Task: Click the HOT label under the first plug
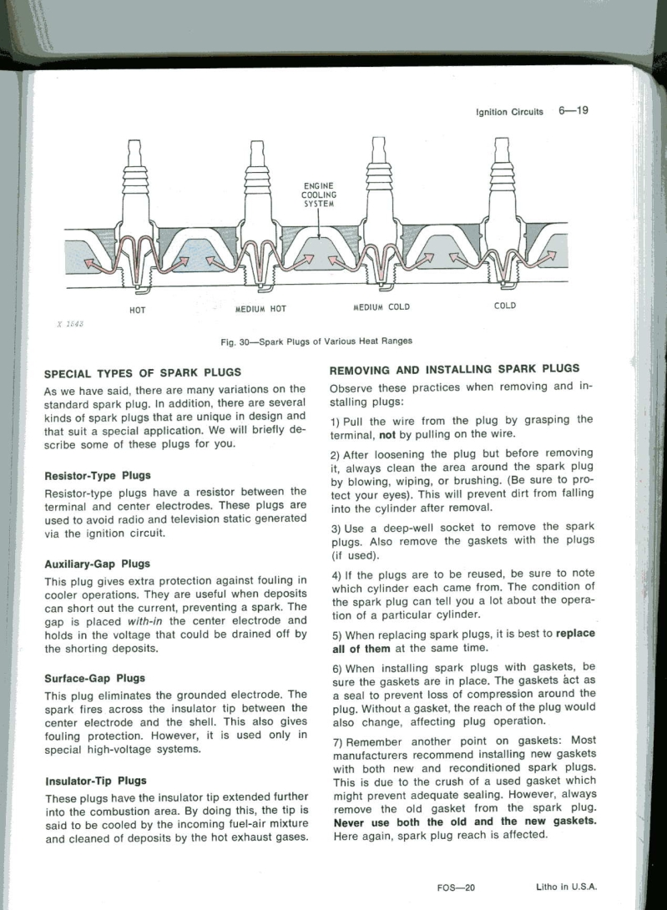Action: (x=139, y=309)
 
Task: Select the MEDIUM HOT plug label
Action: (x=260, y=309)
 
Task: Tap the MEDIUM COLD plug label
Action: (x=382, y=306)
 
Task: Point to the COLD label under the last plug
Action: (x=504, y=306)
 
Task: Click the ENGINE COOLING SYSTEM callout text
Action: (x=317, y=194)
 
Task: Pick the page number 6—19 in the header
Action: (x=574, y=110)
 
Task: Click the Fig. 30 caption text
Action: (x=316, y=341)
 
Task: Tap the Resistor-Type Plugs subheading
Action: (x=97, y=476)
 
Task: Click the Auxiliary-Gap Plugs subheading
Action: (x=97, y=564)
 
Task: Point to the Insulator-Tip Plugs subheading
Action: (x=95, y=781)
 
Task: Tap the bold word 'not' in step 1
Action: (x=387, y=434)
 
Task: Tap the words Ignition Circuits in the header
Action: (x=509, y=112)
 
